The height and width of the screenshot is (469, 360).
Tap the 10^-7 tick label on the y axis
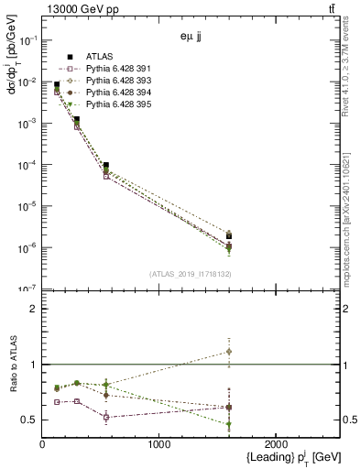click(x=27, y=289)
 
